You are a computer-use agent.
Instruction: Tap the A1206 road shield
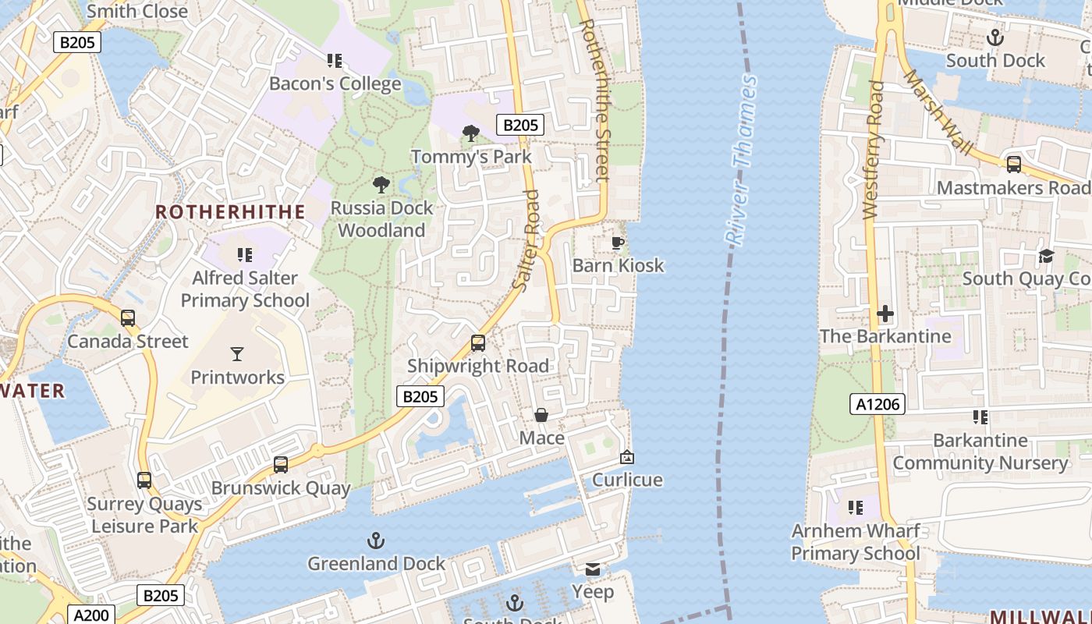(877, 403)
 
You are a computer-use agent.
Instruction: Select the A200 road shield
(91, 615)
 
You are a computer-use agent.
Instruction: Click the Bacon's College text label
(335, 83)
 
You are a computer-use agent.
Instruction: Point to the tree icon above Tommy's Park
(470, 133)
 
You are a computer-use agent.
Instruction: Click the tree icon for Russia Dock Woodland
(381, 185)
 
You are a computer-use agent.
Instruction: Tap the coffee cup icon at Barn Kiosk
(618, 243)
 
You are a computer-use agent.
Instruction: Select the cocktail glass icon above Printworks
(237, 354)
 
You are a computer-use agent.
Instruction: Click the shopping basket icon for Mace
(541, 415)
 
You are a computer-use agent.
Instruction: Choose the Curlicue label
(627, 480)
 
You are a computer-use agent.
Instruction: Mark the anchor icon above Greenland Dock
(376, 540)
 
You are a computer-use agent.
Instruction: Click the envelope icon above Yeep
(593, 569)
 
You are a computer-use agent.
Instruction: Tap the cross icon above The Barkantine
(885, 314)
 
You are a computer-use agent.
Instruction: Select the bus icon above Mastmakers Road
(1013, 165)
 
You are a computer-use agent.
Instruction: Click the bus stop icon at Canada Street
(128, 318)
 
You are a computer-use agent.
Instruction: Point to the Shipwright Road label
(478, 366)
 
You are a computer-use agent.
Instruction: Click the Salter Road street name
(528, 241)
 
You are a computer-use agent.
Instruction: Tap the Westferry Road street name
(873, 150)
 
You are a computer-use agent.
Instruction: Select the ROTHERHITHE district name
(230, 212)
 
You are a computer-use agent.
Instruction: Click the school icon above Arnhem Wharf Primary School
(856, 508)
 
